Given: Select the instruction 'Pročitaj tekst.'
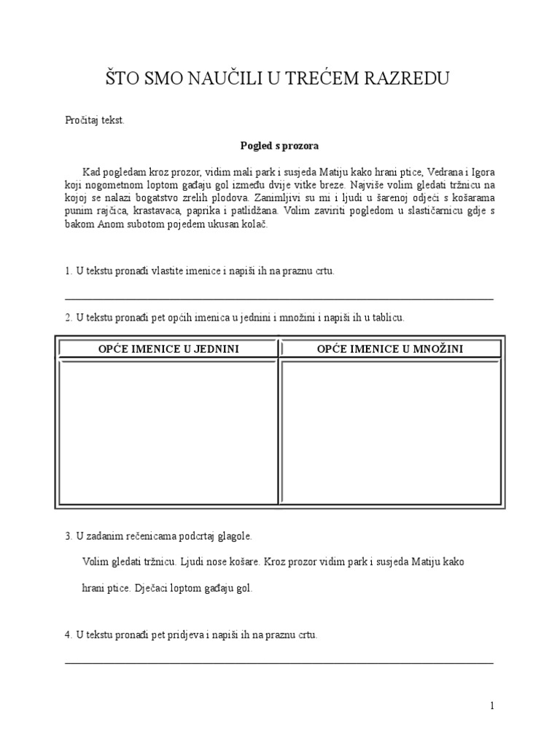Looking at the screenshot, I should [95, 120].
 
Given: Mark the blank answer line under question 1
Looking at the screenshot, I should [279, 299].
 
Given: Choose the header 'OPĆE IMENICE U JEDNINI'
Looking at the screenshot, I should [168, 349].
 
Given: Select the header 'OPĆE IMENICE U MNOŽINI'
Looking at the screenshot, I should [390, 349].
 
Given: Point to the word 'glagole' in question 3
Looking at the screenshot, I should [233, 536].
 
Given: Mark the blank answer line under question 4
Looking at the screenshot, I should [279, 663].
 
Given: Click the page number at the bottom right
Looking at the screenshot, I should [492, 705].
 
